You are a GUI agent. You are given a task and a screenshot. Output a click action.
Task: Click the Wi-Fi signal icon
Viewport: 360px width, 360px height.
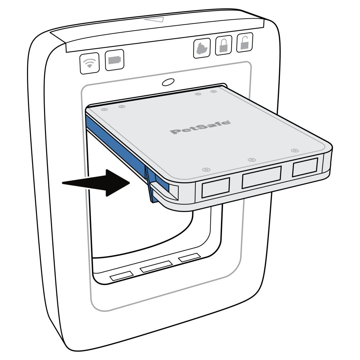point(90,63)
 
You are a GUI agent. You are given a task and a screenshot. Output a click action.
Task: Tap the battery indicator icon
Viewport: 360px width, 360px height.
point(114,60)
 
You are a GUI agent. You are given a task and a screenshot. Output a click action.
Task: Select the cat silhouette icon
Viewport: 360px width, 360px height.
point(202,48)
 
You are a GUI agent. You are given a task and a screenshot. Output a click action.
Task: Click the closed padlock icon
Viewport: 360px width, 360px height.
point(223,45)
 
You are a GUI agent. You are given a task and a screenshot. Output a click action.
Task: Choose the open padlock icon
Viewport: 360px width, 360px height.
point(245,43)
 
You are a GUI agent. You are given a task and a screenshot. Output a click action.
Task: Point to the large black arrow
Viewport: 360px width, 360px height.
point(96,183)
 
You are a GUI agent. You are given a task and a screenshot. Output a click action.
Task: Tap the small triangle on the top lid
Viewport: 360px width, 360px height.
point(154,19)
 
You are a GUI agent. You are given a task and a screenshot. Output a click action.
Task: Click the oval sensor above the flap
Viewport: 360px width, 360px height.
point(168,82)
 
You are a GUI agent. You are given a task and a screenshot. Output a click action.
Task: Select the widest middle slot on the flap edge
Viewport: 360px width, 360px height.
point(262,177)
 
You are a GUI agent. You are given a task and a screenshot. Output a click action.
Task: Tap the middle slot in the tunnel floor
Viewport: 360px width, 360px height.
point(156,267)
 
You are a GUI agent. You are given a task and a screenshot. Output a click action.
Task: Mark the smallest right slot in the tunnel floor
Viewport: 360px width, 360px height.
point(190,258)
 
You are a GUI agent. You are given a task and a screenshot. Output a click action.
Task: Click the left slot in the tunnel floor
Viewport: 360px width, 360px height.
point(122,276)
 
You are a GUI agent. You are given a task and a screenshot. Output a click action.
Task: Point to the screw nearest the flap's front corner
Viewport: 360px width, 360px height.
point(206,170)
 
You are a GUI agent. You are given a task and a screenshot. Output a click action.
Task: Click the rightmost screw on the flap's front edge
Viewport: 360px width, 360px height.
point(295,151)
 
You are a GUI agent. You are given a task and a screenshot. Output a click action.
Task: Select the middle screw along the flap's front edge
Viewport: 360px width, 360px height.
point(252,160)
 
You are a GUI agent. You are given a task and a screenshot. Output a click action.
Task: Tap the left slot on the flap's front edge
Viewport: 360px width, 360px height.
point(216,188)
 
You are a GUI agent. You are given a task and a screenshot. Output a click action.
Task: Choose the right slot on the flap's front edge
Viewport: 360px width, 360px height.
point(305,167)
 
